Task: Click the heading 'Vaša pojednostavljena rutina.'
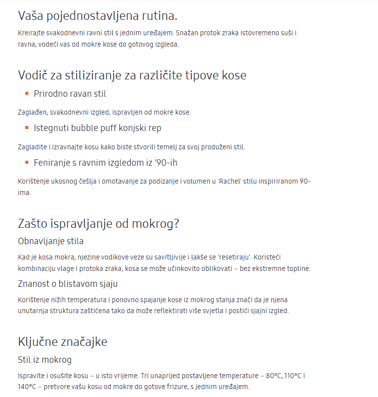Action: click(97, 15)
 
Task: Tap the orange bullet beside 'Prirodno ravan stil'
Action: click(27, 93)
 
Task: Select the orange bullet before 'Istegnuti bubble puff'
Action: click(27, 128)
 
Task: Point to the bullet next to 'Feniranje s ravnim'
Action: click(27, 162)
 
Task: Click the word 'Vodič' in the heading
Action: click(33, 75)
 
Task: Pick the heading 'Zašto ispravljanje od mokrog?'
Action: click(98, 223)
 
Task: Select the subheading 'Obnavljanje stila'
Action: click(51, 241)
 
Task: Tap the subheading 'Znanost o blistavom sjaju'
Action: click(68, 283)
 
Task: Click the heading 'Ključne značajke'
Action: click(63, 341)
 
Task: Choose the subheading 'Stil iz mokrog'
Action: click(45, 359)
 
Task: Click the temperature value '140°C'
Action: click(28, 387)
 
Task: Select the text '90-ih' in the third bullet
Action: click(167, 162)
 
